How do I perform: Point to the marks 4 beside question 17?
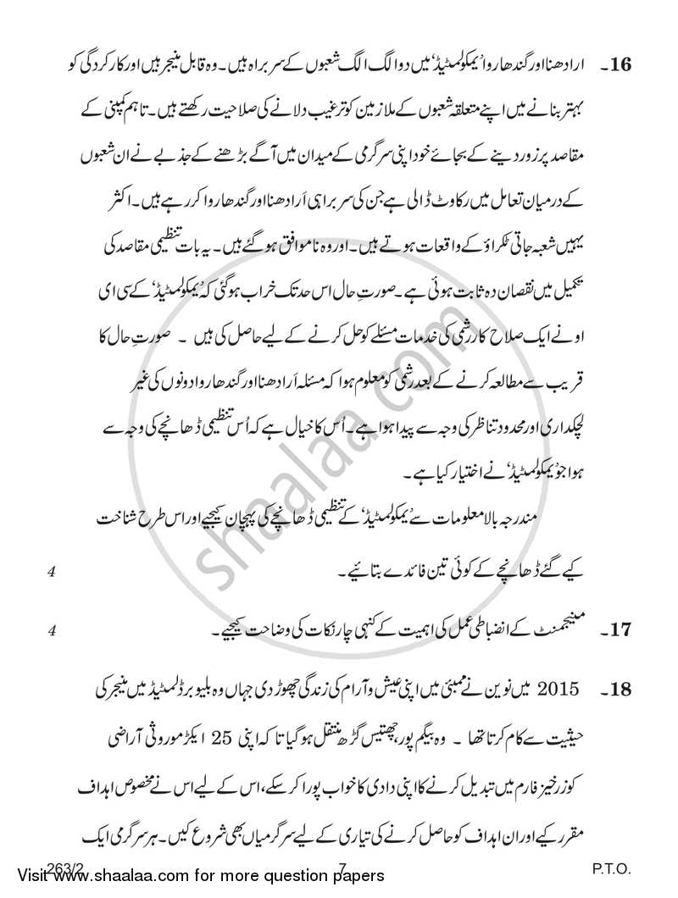pos(53,630)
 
